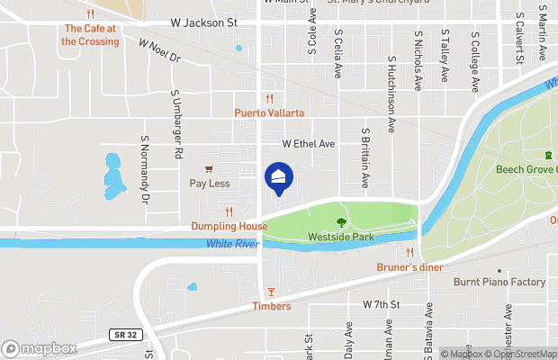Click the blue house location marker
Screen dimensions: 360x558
click(x=279, y=176)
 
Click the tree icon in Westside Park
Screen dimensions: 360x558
click(x=341, y=222)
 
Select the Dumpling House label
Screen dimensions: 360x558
click(x=229, y=226)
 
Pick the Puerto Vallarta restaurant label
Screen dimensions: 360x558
click(x=269, y=112)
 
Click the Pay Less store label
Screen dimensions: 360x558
click(x=209, y=183)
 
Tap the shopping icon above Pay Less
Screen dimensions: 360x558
click(x=209, y=168)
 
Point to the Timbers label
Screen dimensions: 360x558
click(x=271, y=306)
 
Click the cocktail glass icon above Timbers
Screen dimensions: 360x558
click(x=271, y=292)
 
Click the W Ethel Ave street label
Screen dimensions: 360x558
click(x=308, y=143)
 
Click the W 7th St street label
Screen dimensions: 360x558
click(x=380, y=305)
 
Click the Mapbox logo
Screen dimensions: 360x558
click(x=39, y=348)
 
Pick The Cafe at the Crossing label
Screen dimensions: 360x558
click(x=90, y=35)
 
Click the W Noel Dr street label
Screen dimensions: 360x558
click(x=160, y=49)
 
